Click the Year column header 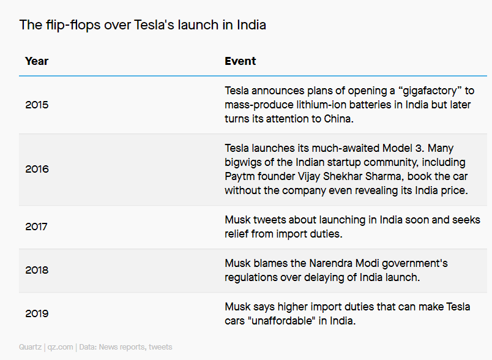tap(37, 61)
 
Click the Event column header tap(240, 61)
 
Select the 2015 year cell tap(37, 105)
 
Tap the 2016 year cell tap(37, 169)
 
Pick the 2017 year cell tap(36, 227)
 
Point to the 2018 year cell tap(37, 270)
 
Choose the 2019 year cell tap(37, 313)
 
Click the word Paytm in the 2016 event tap(239, 177)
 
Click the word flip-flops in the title tap(73, 26)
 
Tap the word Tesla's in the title tap(154, 25)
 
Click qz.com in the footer tap(60, 347)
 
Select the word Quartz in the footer tap(30, 347)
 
